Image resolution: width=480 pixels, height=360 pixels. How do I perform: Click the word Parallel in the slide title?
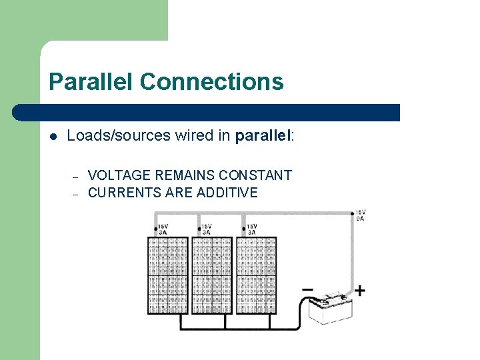(x=91, y=82)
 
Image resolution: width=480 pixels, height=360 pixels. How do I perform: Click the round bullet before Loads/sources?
(x=53, y=137)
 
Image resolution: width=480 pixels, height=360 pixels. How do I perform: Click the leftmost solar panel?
(x=167, y=275)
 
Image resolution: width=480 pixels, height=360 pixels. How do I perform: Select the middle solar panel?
(x=211, y=275)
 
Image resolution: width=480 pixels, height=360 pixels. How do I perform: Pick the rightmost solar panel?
(x=256, y=275)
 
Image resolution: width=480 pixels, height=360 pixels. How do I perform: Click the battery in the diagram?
(x=329, y=309)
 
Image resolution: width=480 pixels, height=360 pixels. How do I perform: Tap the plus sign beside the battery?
(x=360, y=291)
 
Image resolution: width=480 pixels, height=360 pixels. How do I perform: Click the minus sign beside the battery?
(x=307, y=289)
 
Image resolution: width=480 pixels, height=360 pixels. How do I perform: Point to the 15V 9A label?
(x=360, y=215)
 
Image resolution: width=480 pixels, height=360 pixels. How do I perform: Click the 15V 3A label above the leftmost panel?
(x=163, y=229)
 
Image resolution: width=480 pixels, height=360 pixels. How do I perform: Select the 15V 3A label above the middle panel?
(x=207, y=229)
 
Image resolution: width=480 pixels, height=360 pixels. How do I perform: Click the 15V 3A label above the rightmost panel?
(x=251, y=229)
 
